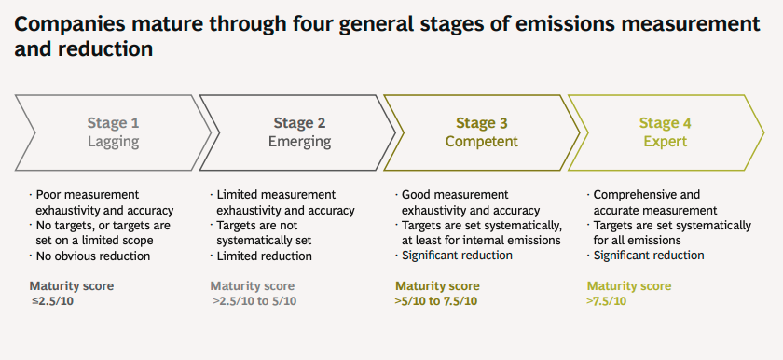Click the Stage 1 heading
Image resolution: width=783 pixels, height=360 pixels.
(x=114, y=123)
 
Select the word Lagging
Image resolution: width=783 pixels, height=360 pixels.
(x=114, y=142)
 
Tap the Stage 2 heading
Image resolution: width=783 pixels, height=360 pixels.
(x=299, y=123)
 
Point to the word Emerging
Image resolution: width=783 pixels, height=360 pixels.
(x=299, y=142)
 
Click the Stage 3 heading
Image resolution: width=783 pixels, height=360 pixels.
(x=482, y=123)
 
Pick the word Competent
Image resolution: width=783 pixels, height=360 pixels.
(x=482, y=142)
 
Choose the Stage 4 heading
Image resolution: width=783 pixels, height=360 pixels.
(x=666, y=123)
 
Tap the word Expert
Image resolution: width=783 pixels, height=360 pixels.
(x=666, y=142)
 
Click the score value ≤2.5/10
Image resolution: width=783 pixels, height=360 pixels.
(x=52, y=301)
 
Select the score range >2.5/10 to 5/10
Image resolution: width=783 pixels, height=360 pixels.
(x=254, y=301)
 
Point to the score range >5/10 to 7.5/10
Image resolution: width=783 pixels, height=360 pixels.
(x=436, y=301)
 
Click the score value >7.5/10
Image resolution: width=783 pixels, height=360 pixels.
(x=607, y=301)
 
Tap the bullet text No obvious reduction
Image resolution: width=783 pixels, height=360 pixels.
(x=93, y=256)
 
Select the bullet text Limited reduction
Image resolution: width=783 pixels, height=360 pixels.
(x=264, y=256)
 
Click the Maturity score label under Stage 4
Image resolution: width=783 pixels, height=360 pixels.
(x=629, y=286)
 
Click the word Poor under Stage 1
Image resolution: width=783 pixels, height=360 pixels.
(x=48, y=195)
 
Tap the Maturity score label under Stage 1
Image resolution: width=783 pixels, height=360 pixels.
(x=72, y=286)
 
